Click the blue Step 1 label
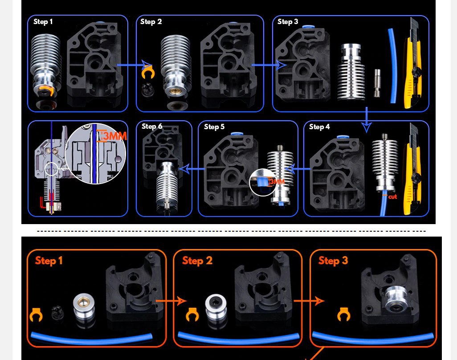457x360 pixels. [43, 21]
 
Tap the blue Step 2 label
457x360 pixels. [151, 21]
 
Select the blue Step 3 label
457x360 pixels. [288, 21]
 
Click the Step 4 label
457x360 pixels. [319, 127]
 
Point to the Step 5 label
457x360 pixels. [214, 127]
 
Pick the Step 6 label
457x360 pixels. [152, 126]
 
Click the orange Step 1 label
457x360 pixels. [49, 261]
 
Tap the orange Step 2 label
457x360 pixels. [197, 261]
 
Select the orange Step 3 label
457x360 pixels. [333, 261]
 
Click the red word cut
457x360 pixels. [392, 197]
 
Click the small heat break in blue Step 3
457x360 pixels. [377, 83]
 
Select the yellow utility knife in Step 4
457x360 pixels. [412, 169]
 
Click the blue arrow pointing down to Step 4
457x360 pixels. [367, 119]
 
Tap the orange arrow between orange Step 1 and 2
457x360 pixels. [171, 301]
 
